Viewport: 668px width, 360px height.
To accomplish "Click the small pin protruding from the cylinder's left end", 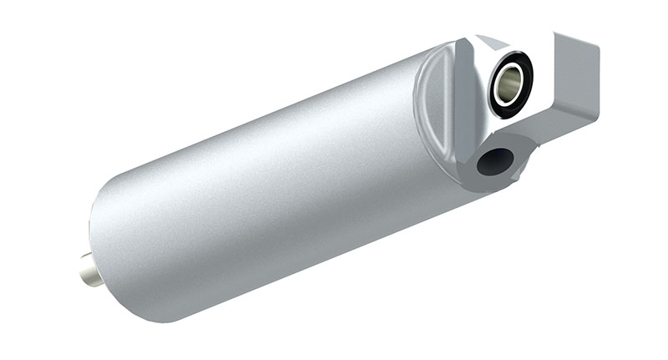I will point(89,270).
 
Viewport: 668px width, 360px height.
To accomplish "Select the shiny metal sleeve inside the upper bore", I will point(510,82).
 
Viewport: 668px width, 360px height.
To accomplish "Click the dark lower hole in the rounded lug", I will point(494,160).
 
